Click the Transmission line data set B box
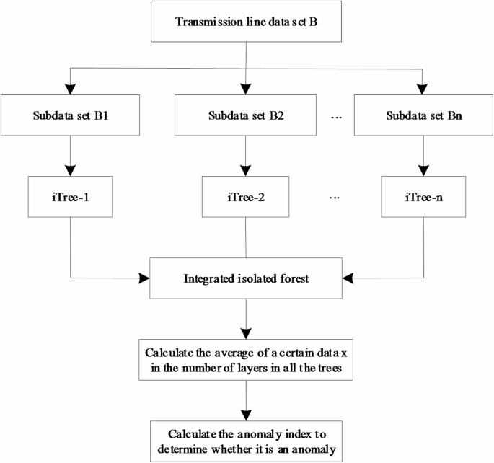click(247, 20)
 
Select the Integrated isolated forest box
click(247, 276)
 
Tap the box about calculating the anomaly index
click(247, 441)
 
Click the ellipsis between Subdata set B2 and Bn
click(335, 115)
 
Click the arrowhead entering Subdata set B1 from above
click(70, 88)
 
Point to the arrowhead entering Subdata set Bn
click(423, 88)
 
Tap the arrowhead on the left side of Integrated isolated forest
click(144, 276)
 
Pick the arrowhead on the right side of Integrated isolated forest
click(350, 276)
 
